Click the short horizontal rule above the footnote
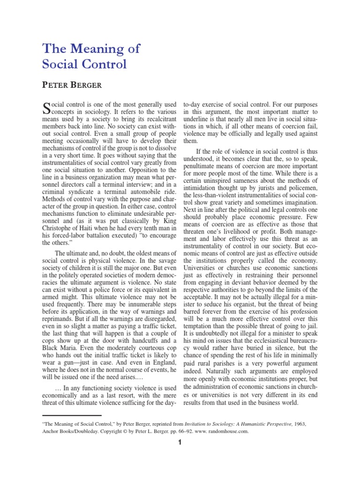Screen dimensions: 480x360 click(x=71, y=415)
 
